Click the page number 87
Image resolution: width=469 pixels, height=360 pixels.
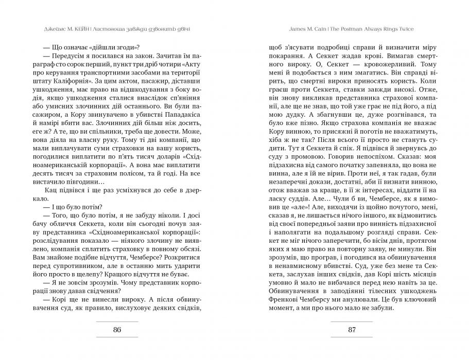point(352,330)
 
